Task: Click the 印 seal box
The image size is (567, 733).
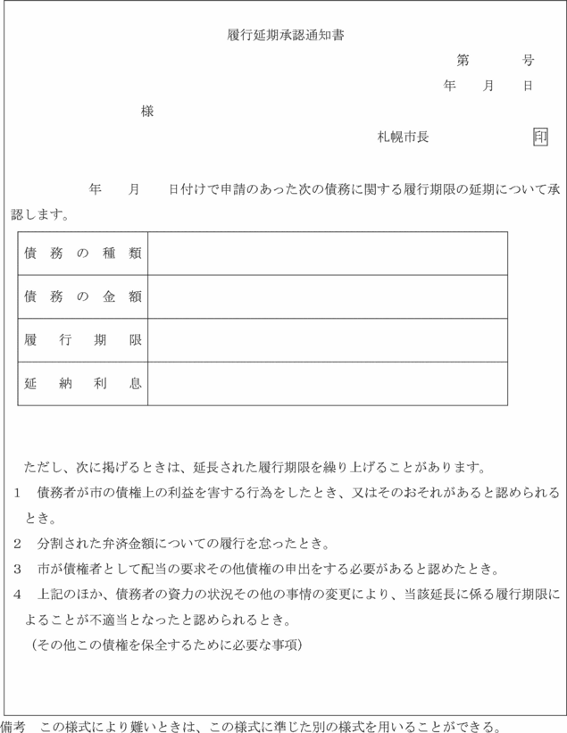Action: pos(540,137)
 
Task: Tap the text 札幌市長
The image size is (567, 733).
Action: pos(403,137)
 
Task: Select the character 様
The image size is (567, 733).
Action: pos(147,112)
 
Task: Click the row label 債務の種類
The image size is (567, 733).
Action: pos(83,254)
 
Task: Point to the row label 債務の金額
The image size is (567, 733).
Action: pos(83,296)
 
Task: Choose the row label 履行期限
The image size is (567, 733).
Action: pos(83,340)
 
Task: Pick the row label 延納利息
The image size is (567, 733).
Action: pos(83,383)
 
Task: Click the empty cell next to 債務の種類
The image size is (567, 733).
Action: pos(328,254)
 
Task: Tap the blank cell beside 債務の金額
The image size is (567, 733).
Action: pos(328,296)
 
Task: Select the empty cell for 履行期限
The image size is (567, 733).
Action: pos(328,340)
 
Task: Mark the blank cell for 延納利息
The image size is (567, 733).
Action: pos(328,383)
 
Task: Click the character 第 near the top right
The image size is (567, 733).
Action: pos(463,61)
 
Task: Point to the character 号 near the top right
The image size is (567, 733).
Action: pos(529,61)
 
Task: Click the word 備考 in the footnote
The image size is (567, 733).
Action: pos(13,724)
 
